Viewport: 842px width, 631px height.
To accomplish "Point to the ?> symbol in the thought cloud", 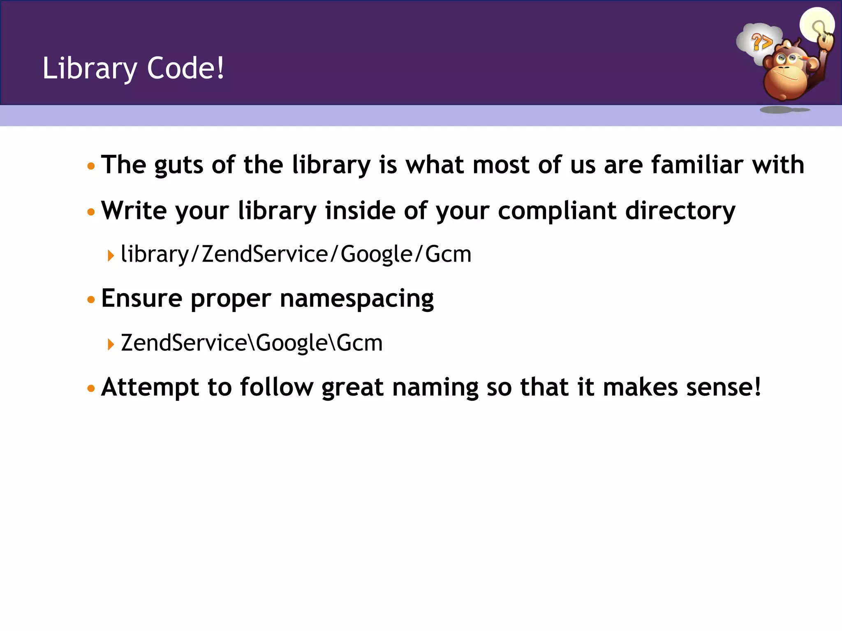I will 761,42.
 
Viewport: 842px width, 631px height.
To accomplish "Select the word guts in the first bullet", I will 178,166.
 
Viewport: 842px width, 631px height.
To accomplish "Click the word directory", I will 680,211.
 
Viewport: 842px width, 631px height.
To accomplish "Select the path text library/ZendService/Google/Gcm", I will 296,254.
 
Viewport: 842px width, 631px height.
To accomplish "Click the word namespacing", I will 356,299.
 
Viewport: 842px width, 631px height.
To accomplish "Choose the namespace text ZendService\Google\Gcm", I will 252,343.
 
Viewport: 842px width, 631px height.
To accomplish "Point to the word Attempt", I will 150,387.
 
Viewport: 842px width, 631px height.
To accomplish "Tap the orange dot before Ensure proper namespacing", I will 91,300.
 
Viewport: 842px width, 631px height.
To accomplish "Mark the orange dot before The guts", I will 91,166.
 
